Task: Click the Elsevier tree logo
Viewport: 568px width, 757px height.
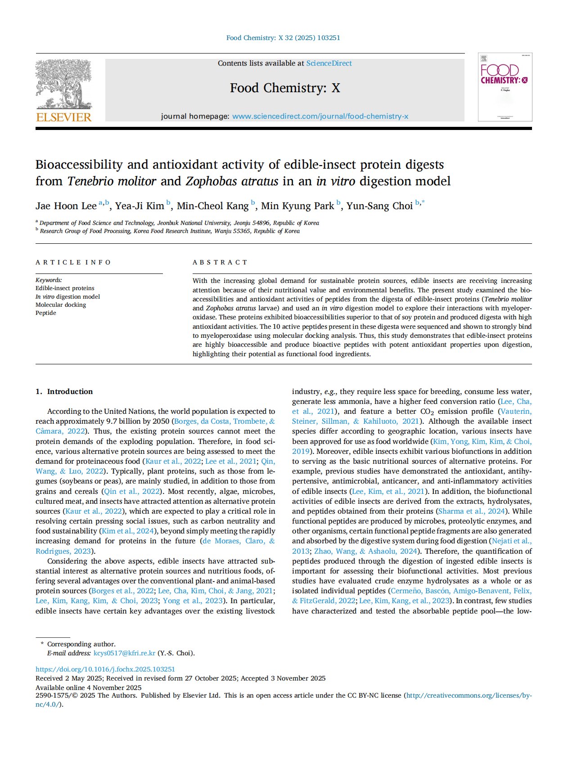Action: [63, 84]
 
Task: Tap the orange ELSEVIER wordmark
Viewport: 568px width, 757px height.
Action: [63, 117]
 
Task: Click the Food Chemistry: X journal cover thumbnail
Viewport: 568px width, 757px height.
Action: [505, 87]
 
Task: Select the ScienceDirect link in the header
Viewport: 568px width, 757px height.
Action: [329, 63]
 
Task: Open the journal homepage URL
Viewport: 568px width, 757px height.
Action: [320, 116]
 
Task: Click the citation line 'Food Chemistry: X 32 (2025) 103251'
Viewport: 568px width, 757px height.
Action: [283, 38]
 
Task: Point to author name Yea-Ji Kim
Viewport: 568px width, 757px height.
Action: [140, 206]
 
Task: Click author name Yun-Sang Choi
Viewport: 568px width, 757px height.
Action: [379, 206]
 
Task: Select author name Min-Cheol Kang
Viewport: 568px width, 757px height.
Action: [212, 206]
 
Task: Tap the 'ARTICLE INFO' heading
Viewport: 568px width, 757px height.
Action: [73, 262]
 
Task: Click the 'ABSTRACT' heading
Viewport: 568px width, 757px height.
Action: [220, 262]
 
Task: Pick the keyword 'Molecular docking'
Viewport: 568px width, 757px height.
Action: [61, 305]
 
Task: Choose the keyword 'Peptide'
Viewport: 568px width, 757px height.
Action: [46, 313]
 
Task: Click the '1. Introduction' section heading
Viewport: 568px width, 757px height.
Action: [64, 391]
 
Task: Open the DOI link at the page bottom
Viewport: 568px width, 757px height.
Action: [105, 669]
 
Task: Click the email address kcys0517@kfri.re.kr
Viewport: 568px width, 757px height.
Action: [124, 653]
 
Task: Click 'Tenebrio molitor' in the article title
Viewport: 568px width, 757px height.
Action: [112, 181]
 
